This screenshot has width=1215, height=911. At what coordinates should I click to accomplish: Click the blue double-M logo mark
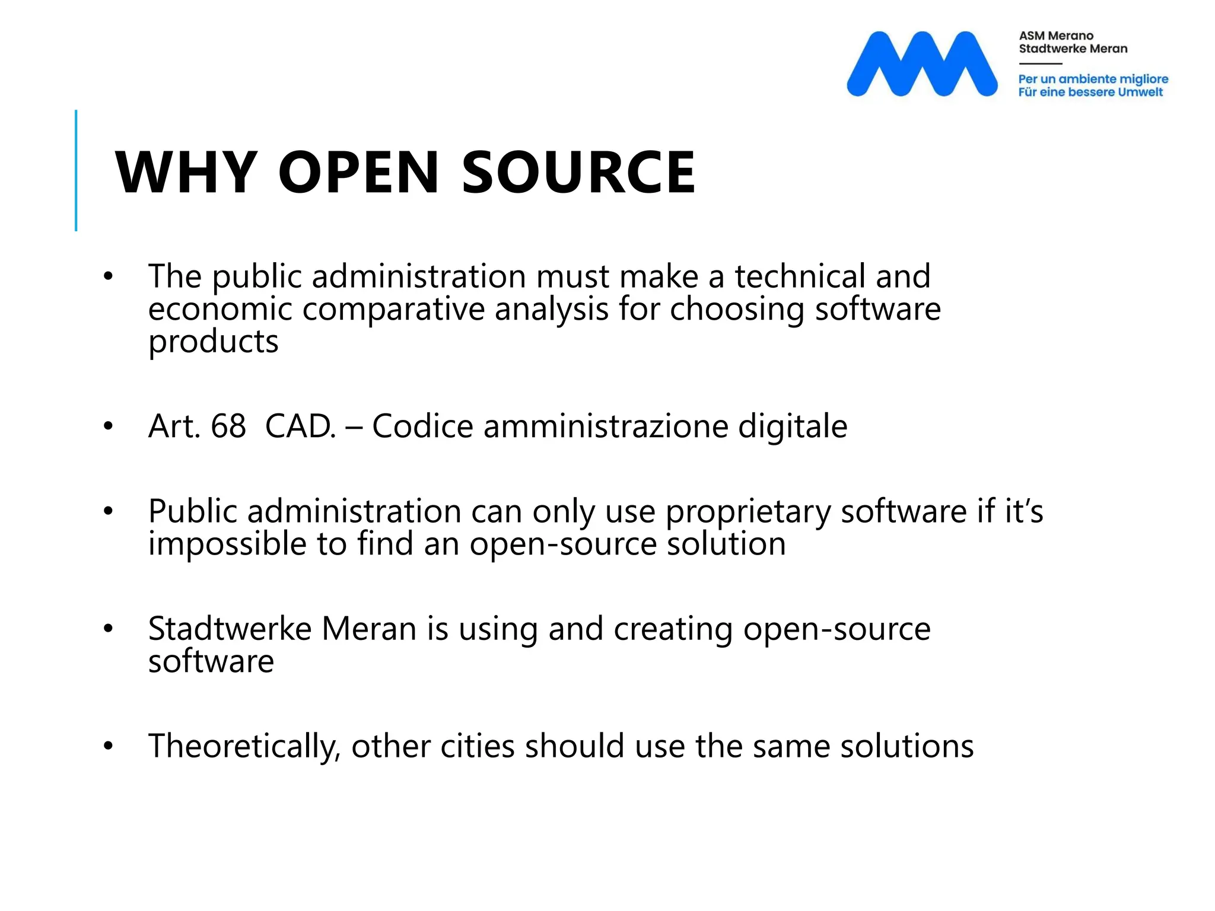[921, 63]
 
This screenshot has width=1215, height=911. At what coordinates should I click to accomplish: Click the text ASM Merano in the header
[1056, 36]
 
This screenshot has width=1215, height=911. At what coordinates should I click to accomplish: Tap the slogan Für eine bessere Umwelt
[1090, 92]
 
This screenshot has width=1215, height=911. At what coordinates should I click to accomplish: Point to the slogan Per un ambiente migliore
[1093, 79]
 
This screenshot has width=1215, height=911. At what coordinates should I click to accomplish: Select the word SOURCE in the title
[578, 173]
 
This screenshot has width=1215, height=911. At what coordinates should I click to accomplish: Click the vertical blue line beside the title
[76, 170]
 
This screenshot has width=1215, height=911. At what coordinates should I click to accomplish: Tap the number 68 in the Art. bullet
[228, 426]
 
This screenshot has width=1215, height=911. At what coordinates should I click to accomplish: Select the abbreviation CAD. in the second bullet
[301, 426]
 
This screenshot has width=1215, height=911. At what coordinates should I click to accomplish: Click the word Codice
[422, 426]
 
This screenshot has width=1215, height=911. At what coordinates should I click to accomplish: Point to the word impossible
[227, 544]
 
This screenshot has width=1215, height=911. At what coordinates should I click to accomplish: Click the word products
[213, 343]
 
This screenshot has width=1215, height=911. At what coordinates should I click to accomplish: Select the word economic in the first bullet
[220, 310]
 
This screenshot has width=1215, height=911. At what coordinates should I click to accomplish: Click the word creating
[673, 630]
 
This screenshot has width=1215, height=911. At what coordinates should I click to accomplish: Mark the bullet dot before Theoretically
[107, 746]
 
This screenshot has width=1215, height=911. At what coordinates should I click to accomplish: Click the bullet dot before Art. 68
[107, 426]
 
